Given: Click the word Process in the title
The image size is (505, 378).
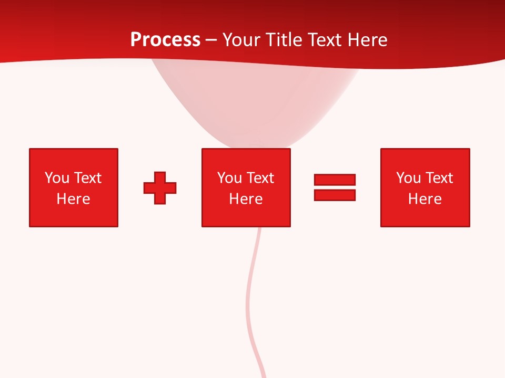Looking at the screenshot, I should coord(165,40).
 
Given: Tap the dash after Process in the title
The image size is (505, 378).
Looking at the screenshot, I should coord(211,40).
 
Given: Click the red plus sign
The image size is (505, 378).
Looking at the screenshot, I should coord(160,187).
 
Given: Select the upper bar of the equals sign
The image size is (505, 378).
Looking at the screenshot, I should coord(335,180).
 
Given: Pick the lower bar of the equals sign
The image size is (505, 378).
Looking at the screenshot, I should coord(335,195).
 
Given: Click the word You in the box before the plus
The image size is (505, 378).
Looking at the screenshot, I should coord(57,178).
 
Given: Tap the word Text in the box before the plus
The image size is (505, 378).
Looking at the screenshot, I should coord(87,178).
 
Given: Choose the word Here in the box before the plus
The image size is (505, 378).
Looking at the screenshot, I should coord(73,199).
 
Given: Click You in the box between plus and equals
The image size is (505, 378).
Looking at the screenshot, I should coord(230,178).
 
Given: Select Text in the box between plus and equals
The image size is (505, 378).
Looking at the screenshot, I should coord(260,178).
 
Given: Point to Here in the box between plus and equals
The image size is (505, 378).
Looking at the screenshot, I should coord(246,199).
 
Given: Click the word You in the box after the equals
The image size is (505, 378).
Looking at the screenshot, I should coord(409,178).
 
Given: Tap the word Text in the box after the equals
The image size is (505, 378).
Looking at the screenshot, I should coord(439,178).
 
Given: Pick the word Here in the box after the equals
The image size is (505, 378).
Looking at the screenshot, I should coord(425,199).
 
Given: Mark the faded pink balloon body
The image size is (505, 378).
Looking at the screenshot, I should coord(252,105).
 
